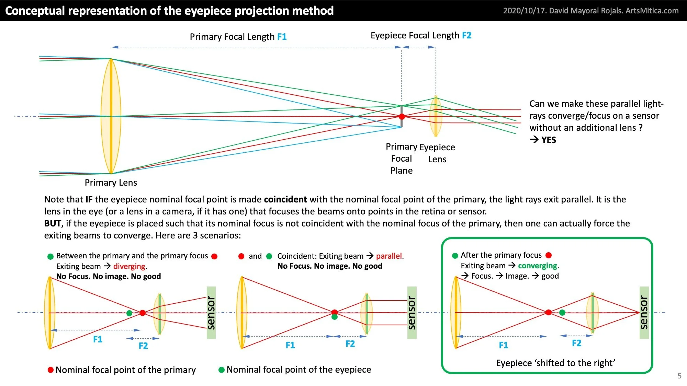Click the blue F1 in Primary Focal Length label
(x=282, y=37)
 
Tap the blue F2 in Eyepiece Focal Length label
(x=466, y=35)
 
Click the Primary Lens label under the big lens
(x=111, y=183)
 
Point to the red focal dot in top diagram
(x=402, y=117)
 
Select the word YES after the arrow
(x=549, y=140)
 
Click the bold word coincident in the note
(x=285, y=199)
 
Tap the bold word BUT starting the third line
(x=53, y=223)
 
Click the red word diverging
(x=129, y=266)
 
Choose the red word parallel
(x=389, y=256)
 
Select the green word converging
(x=538, y=266)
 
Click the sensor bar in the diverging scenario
(x=211, y=313)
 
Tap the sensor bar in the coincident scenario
(x=412, y=313)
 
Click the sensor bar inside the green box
(x=644, y=313)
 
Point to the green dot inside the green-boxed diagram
(x=562, y=313)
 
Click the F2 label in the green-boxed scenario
(x=576, y=343)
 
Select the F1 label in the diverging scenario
(x=98, y=339)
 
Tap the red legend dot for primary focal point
(x=50, y=370)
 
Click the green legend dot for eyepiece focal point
(x=222, y=370)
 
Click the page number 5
(x=679, y=376)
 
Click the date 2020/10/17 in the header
(x=525, y=11)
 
